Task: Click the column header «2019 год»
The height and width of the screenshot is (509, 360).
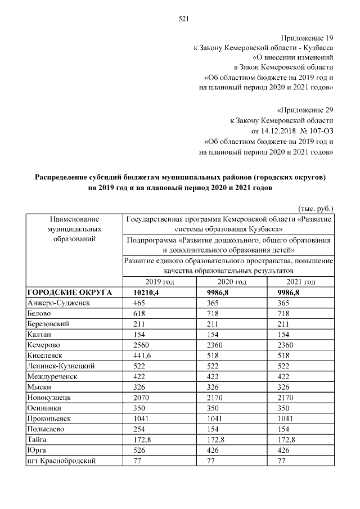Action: tap(160, 281)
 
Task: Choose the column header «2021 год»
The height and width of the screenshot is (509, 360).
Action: tap(300, 281)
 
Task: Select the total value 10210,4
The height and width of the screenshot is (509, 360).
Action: tap(146, 292)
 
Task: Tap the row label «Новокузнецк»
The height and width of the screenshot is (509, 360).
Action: tap(51, 397)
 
